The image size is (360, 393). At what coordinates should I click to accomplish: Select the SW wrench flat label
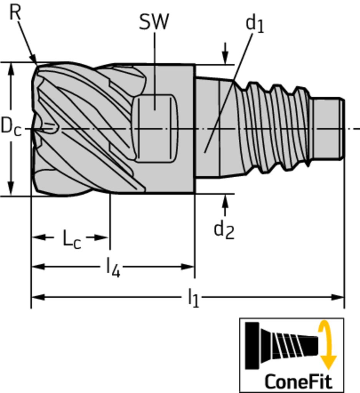tap(154, 22)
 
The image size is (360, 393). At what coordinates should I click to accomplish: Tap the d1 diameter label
tap(254, 25)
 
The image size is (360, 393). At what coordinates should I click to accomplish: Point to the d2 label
tap(224, 230)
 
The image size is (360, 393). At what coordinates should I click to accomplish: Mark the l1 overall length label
tap(193, 298)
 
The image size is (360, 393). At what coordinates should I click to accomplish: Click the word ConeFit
tap(298, 381)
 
